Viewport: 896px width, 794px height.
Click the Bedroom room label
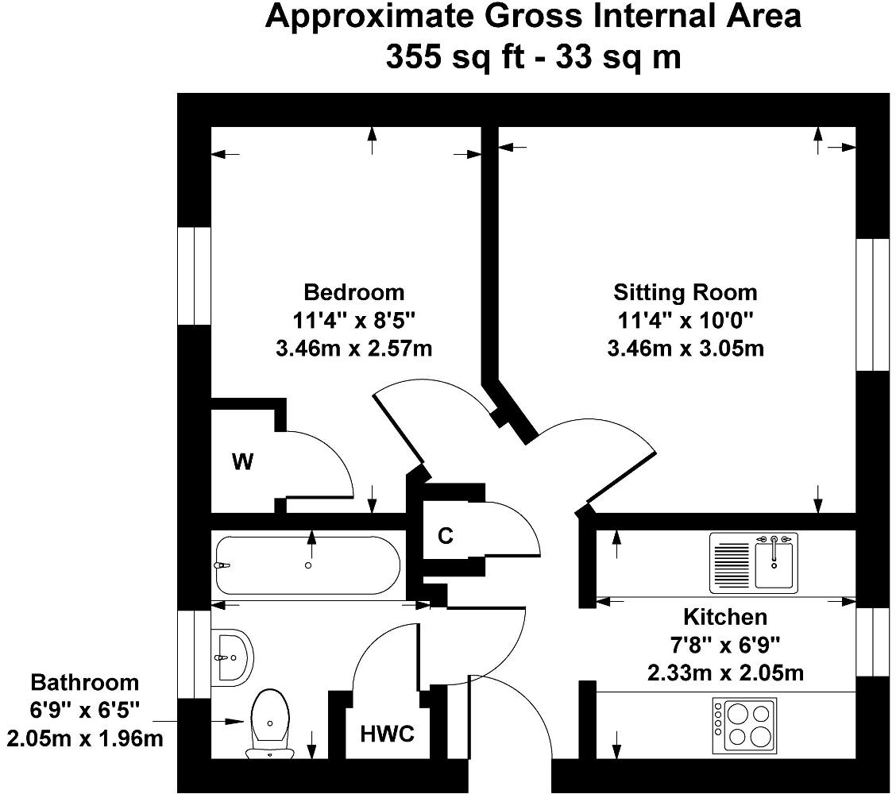[353, 292]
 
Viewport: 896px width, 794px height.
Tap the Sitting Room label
[685, 292]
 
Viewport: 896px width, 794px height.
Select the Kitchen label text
[725, 617]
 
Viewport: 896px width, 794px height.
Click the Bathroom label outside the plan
[84, 682]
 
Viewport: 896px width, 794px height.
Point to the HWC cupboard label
[388, 734]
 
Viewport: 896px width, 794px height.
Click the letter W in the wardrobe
[242, 462]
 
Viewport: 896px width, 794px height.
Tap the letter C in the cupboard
[446, 537]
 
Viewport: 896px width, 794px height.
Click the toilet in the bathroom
[270, 723]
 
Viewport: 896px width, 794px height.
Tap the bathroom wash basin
[232, 657]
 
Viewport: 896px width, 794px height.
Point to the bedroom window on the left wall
[193, 276]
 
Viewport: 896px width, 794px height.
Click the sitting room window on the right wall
[872, 304]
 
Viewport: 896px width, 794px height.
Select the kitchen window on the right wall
[872, 642]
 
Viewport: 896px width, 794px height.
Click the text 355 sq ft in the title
[453, 57]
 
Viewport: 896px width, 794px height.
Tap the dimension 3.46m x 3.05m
[685, 348]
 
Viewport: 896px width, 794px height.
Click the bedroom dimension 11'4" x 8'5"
[353, 320]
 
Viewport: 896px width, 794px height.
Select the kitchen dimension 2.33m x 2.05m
[725, 673]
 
